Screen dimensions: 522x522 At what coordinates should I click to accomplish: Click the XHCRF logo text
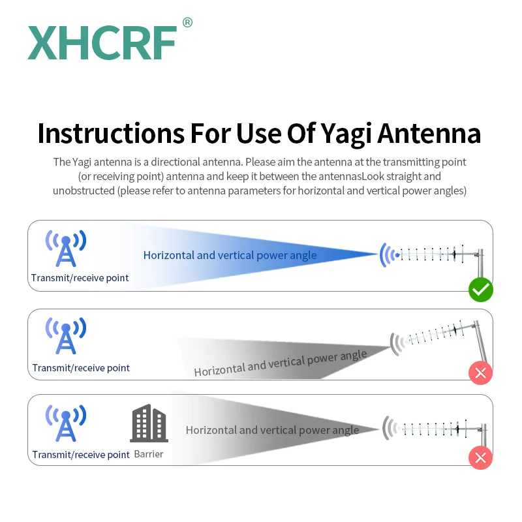[x=102, y=44]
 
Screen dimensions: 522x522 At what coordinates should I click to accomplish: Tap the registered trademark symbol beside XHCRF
[x=187, y=23]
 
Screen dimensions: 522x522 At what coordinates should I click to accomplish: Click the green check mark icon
[x=481, y=290]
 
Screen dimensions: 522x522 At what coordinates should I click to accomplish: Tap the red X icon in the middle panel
[x=481, y=373]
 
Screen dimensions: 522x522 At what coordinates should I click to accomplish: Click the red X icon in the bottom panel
[x=481, y=457]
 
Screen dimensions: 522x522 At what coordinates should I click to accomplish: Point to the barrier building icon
[x=149, y=423]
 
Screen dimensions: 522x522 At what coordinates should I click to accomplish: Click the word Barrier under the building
[x=149, y=454]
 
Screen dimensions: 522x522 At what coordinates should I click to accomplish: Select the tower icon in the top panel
[x=65, y=248]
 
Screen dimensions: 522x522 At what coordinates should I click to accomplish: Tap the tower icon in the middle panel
[x=65, y=335]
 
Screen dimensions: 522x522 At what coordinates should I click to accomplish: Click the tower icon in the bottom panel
[x=65, y=423]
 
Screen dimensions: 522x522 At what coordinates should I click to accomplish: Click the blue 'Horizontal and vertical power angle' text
[x=230, y=255]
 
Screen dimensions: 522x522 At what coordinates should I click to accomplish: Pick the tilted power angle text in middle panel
[x=281, y=363]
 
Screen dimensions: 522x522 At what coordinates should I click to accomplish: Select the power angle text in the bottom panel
[x=272, y=430]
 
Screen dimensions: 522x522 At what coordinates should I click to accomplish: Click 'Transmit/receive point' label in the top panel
[x=80, y=278]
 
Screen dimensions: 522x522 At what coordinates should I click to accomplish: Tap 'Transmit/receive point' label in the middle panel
[x=81, y=368]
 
